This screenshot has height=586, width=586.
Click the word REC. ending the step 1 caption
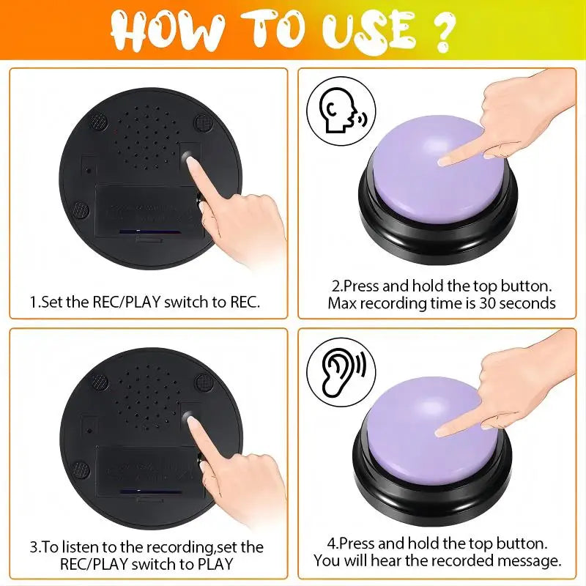tap(243, 302)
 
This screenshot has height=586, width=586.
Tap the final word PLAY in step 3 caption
tap(215, 564)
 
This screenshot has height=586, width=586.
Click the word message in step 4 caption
tap(533, 561)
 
